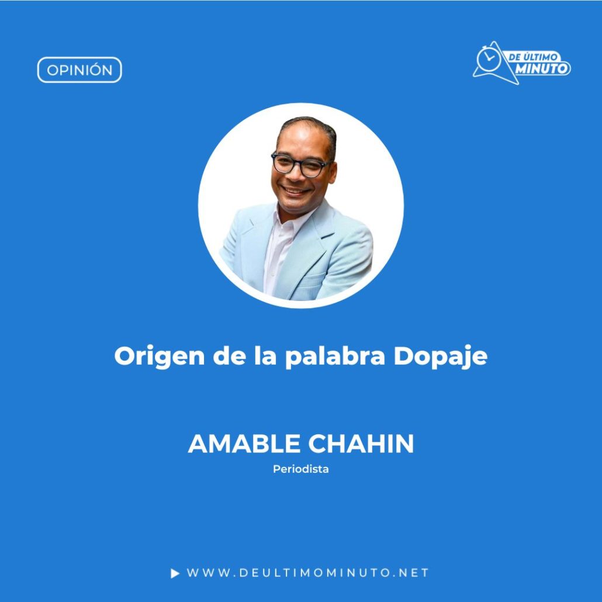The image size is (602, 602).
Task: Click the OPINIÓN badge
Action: pos(79,70)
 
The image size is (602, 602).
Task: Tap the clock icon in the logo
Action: pos(489,59)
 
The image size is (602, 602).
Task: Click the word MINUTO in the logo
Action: pos(542,69)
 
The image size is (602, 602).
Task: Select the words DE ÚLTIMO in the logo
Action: pos(532,57)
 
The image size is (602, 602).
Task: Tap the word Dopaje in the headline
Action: pos(441,357)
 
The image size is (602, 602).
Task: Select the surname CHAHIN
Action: pos(361,444)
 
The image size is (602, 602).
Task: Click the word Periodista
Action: pos(300,469)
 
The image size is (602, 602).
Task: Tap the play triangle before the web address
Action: pos(175,573)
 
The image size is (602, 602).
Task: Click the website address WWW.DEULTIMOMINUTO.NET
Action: pos(307,573)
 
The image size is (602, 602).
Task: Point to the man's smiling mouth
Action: pos(296,191)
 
